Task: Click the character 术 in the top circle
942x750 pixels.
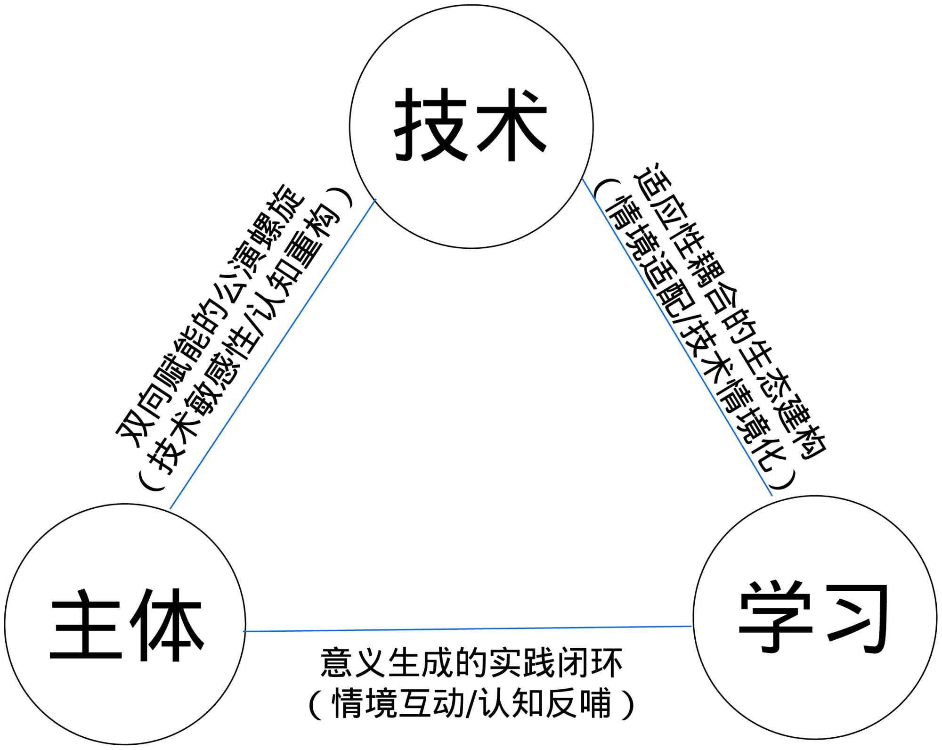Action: (x=511, y=125)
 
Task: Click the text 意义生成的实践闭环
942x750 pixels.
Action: (x=471, y=663)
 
